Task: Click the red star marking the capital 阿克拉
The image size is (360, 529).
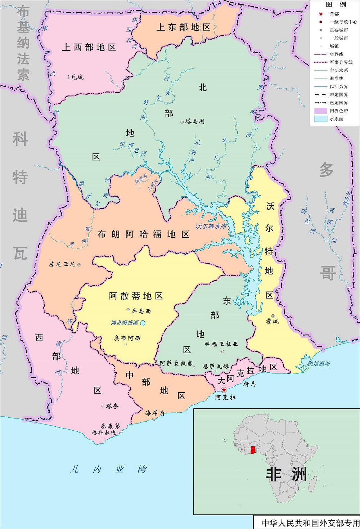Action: click(x=224, y=390)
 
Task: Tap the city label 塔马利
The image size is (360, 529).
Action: click(x=195, y=122)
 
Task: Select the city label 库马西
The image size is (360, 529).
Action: click(x=141, y=311)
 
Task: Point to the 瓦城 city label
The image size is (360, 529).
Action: click(x=77, y=77)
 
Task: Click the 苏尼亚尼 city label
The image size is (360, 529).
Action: click(x=62, y=264)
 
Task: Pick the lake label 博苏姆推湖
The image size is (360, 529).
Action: click(x=125, y=323)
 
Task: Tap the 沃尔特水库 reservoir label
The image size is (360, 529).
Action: click(x=211, y=226)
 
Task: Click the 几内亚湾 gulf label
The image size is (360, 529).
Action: click(x=109, y=469)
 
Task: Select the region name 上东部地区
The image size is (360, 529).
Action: click(x=183, y=27)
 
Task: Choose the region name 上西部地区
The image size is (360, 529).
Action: click(x=89, y=47)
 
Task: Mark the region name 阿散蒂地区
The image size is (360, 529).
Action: click(x=136, y=296)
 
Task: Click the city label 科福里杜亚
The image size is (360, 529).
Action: click(x=221, y=344)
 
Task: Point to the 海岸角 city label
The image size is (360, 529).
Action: click(x=155, y=413)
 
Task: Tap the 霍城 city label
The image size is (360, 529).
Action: click(x=272, y=321)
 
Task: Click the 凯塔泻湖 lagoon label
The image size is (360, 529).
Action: click(x=319, y=364)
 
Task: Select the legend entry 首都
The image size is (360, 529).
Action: click(x=334, y=14)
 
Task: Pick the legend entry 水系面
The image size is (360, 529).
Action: click(x=336, y=119)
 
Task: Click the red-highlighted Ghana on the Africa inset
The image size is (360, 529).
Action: click(x=253, y=449)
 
